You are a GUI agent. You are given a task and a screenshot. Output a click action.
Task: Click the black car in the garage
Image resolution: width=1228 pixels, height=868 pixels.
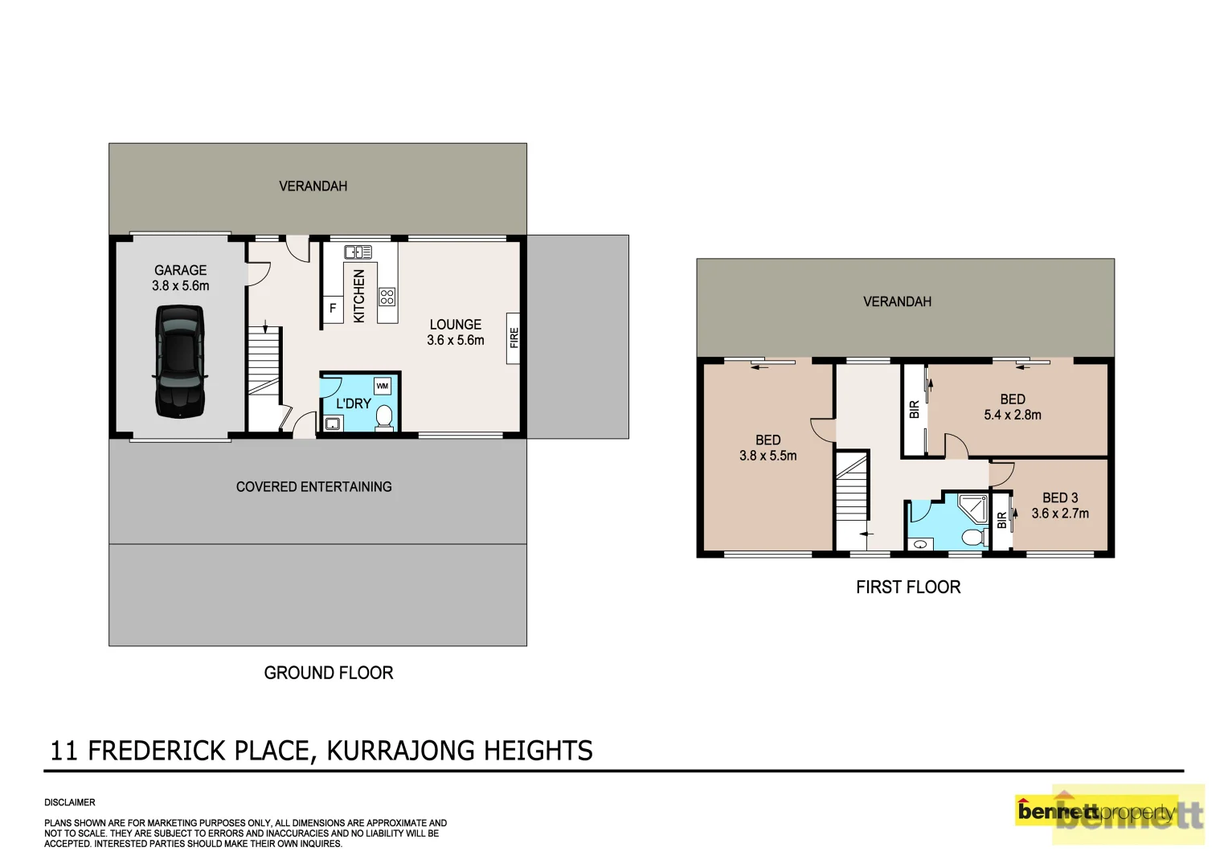pyautogui.click(x=179, y=362)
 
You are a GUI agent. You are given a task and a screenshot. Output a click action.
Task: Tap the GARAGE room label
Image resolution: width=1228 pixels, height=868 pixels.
pyautogui.click(x=180, y=271)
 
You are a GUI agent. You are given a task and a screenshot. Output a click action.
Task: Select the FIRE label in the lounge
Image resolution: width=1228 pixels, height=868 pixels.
pyautogui.click(x=514, y=338)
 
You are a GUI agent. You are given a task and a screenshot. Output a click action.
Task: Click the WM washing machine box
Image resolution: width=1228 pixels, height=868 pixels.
pyautogui.click(x=383, y=386)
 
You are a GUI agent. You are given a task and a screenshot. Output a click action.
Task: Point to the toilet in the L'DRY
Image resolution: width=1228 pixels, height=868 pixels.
pyautogui.click(x=384, y=417)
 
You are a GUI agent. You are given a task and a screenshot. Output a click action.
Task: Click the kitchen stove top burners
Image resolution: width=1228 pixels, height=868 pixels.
pyautogui.click(x=387, y=297)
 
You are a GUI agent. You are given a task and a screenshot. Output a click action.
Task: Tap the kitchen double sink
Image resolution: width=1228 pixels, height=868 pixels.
pyautogui.click(x=358, y=252)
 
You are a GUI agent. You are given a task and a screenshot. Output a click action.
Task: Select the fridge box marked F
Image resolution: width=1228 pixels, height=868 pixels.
pyautogui.click(x=333, y=308)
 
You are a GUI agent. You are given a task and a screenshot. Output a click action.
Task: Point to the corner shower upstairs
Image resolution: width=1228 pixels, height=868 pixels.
pyautogui.click(x=973, y=509)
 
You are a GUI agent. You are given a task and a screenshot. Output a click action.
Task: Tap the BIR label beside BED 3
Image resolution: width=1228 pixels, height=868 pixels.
pyautogui.click(x=1001, y=520)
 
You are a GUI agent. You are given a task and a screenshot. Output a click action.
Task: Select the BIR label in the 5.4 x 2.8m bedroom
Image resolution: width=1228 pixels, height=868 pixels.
pyautogui.click(x=914, y=410)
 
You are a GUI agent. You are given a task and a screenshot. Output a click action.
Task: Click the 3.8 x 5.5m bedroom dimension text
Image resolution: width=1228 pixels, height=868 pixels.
pyautogui.click(x=767, y=456)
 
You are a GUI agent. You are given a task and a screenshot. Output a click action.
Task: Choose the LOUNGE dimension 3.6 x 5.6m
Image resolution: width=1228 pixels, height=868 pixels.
pyautogui.click(x=455, y=341)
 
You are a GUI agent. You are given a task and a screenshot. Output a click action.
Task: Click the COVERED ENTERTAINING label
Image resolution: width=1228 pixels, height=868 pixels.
pyautogui.click(x=313, y=487)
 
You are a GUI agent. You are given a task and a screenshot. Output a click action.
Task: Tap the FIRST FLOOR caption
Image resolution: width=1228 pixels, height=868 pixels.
pyautogui.click(x=907, y=588)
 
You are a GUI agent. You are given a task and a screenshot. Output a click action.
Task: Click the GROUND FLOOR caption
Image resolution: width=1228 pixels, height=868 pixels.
pyautogui.click(x=328, y=673)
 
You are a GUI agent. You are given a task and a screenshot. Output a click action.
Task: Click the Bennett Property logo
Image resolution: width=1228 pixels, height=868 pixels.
pyautogui.click(x=1109, y=813)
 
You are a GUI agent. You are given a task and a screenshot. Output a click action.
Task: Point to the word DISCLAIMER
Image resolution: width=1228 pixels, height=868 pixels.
pyautogui.click(x=70, y=802)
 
